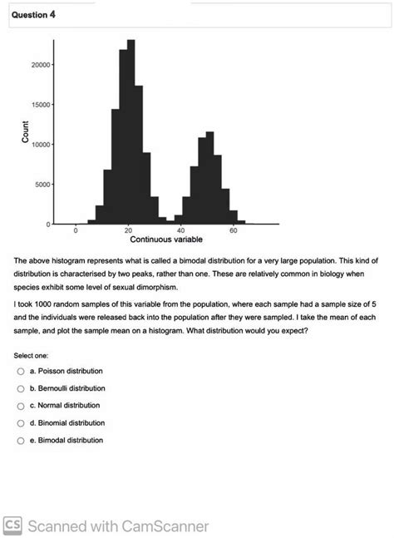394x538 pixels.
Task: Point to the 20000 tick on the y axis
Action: tap(40, 65)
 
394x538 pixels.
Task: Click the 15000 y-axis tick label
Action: tap(40, 105)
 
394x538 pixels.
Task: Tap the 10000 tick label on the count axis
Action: tap(40, 145)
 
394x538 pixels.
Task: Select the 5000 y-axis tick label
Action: tap(42, 185)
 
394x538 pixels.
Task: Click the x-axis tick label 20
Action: tap(128, 230)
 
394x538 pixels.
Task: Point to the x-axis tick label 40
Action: tap(180, 230)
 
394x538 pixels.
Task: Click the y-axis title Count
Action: tap(25, 133)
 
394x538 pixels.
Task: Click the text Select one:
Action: tap(32, 354)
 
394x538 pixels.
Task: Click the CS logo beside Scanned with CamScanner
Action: tap(14, 526)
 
